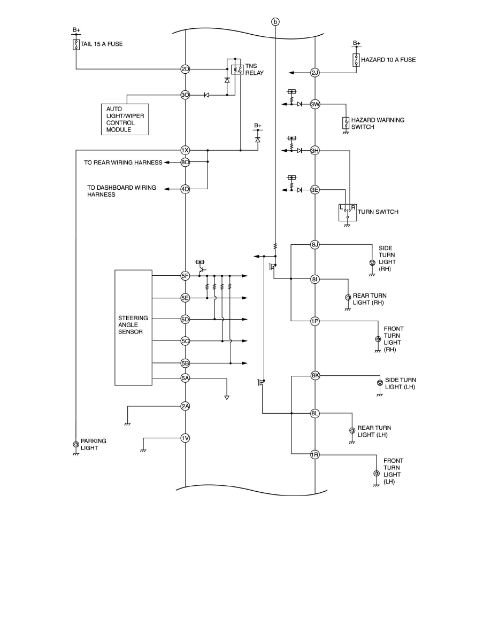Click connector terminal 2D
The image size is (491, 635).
click(x=185, y=69)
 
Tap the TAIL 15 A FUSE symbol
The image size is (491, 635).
click(x=76, y=44)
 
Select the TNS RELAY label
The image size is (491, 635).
click(x=251, y=69)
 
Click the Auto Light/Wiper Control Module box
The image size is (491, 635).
click(x=124, y=119)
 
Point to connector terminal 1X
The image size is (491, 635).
click(x=185, y=151)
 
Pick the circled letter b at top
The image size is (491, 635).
click(x=275, y=22)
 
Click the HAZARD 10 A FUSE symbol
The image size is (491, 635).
click(x=356, y=59)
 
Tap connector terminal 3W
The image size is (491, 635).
click(x=315, y=104)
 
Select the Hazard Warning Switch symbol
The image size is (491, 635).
click(x=346, y=123)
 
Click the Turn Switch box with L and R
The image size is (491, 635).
click(x=347, y=212)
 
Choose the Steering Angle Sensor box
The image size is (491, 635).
click(x=133, y=327)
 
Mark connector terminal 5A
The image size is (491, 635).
click(x=185, y=378)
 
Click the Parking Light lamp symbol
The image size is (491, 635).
click(x=75, y=444)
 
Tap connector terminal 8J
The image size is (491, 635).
click(x=315, y=245)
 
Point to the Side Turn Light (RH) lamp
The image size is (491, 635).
click(x=372, y=263)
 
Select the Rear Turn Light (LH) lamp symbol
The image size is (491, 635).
click(x=352, y=430)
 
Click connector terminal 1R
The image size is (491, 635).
click(x=315, y=455)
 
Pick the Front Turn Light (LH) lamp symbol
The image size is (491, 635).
click(x=376, y=474)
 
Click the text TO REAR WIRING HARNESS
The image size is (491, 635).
click(x=123, y=162)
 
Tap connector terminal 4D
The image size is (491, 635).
click(x=185, y=189)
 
